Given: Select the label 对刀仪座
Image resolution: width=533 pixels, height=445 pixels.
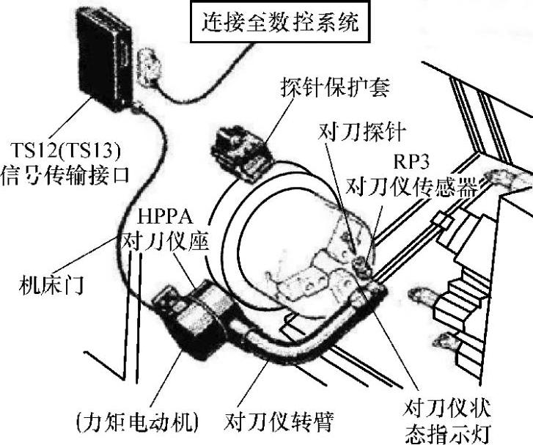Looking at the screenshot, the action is pos(163,239).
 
